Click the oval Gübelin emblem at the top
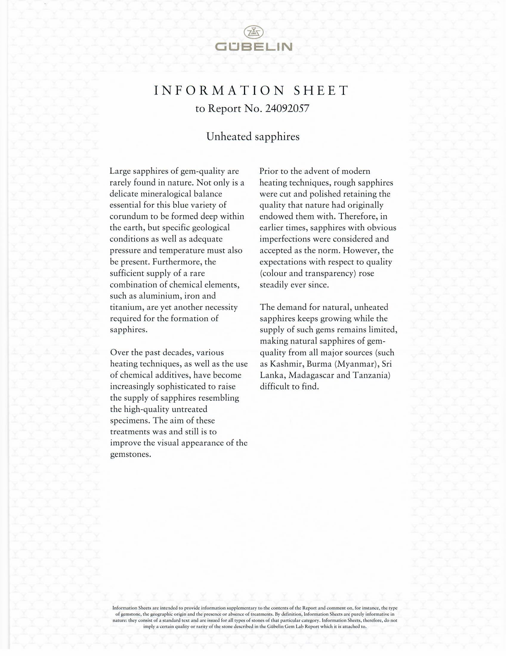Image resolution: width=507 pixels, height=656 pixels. pyautogui.click(x=253, y=32)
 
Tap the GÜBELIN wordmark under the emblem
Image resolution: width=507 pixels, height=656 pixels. pyautogui.click(x=253, y=47)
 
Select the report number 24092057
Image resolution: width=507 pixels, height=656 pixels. pyautogui.click(x=287, y=109)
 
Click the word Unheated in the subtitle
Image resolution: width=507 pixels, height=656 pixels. pyautogui.click(x=229, y=137)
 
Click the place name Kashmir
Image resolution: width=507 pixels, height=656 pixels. pyautogui.click(x=286, y=364)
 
